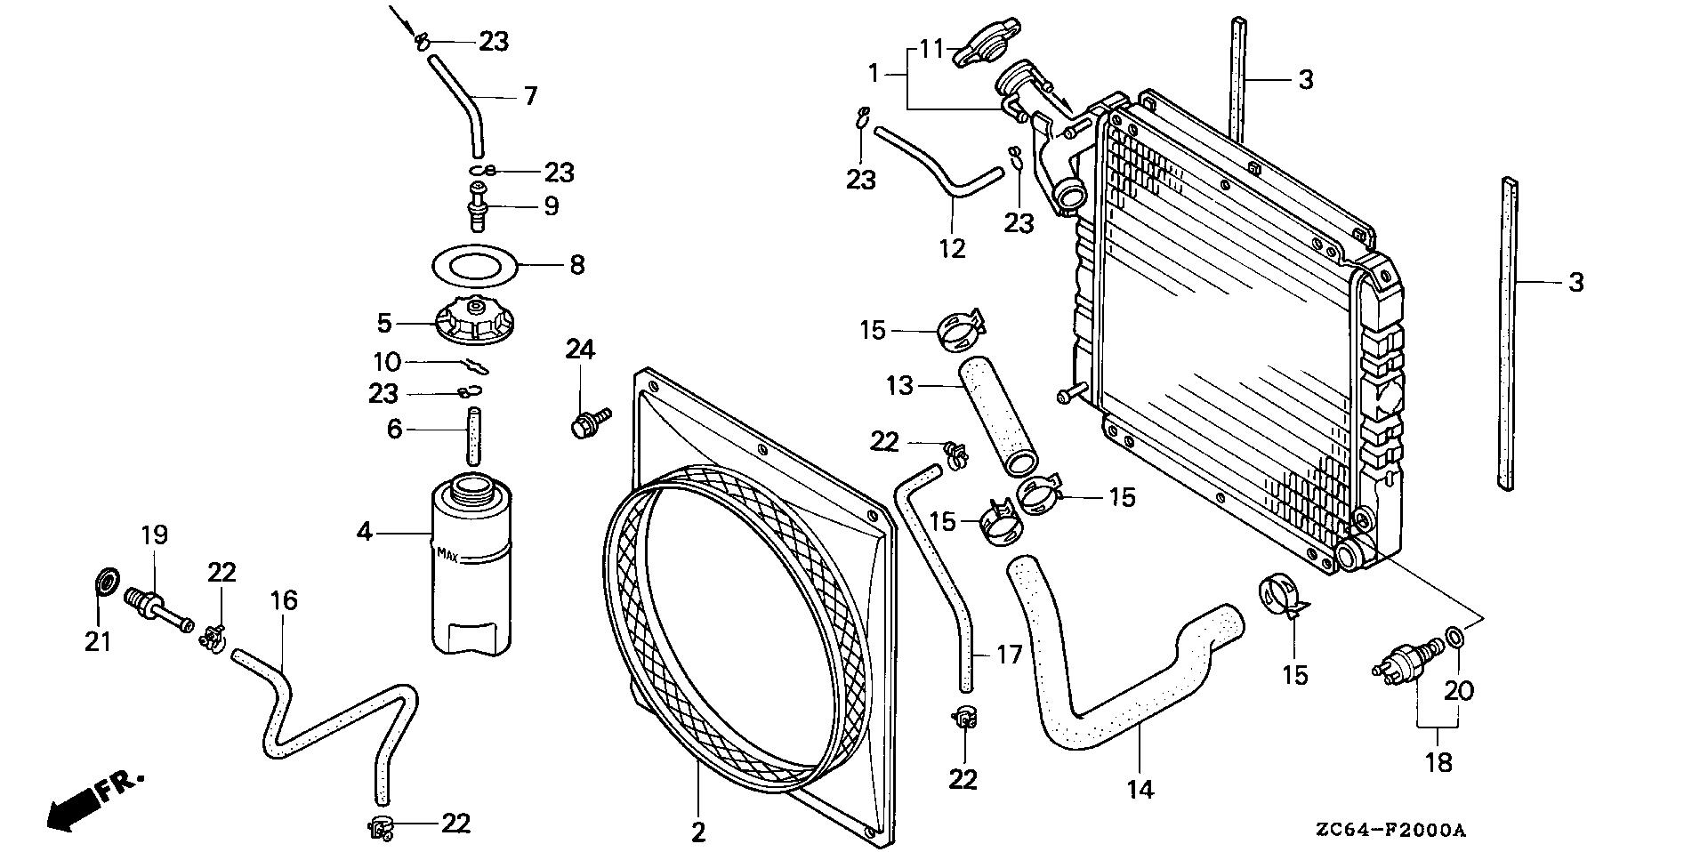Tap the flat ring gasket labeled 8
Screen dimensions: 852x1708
click(473, 264)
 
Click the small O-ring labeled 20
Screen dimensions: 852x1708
click(1453, 637)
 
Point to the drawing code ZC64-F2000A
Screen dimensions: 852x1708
click(1390, 831)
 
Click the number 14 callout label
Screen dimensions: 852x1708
click(1140, 788)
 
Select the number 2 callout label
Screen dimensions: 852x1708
click(698, 832)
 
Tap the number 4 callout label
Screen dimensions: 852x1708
click(364, 532)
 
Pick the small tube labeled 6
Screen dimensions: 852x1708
click(473, 437)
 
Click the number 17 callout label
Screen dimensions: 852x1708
click(1010, 655)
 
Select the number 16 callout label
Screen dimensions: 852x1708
click(284, 600)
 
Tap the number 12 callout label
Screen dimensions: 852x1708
click(952, 248)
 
